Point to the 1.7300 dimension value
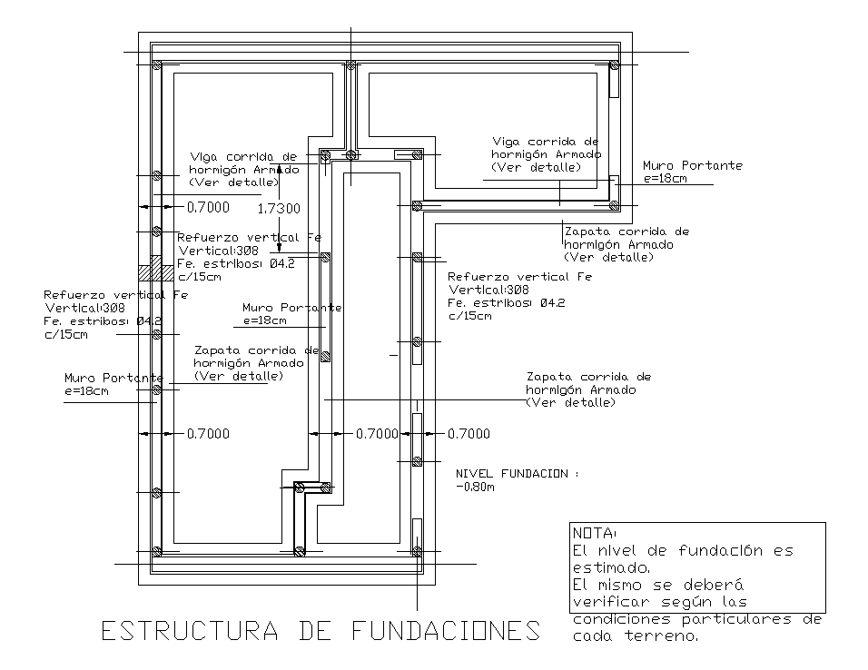(x=279, y=209)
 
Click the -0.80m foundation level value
(x=476, y=488)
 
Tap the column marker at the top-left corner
(x=156, y=65)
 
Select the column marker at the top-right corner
(x=615, y=65)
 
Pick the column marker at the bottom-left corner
(x=156, y=551)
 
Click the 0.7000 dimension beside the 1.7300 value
(x=208, y=208)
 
